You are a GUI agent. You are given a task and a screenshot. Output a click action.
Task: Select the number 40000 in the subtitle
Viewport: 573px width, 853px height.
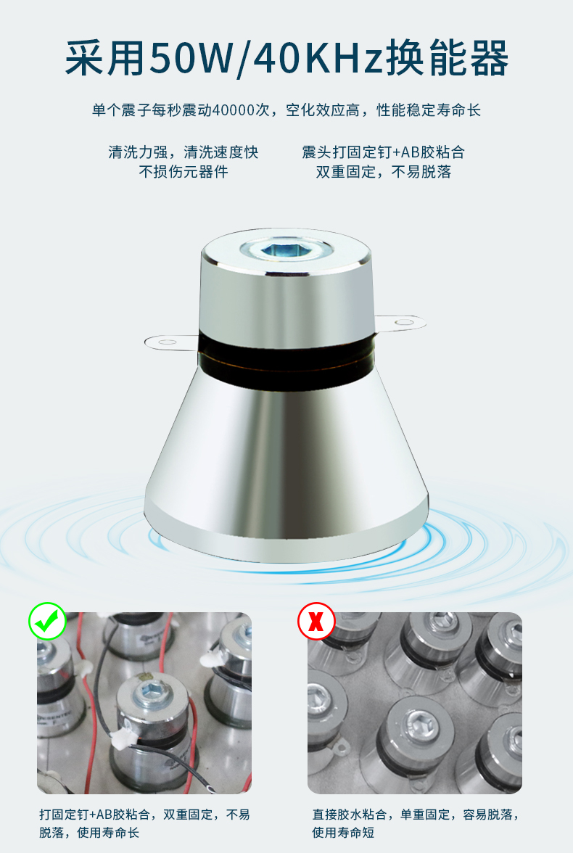234,110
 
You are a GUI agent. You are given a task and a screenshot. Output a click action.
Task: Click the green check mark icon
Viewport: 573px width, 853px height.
47,621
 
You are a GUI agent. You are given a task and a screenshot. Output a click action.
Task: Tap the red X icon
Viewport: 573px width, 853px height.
316,621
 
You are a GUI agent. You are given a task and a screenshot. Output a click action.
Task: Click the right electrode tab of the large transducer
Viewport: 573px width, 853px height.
401,324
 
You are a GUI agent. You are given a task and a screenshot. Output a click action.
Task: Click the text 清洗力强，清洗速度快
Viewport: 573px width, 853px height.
183,152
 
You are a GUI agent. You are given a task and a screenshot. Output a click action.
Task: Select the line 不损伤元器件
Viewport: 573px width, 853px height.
183,172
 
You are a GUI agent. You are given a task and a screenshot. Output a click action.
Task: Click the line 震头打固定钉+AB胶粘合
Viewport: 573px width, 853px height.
384,152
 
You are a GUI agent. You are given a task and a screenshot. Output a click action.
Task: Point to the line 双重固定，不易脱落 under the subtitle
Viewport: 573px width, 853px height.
384,172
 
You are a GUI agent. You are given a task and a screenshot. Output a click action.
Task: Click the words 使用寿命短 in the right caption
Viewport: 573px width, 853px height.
343,833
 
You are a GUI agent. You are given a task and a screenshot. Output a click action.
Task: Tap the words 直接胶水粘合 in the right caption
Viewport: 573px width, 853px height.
350,815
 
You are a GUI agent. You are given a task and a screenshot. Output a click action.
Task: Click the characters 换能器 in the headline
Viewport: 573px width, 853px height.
448,58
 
